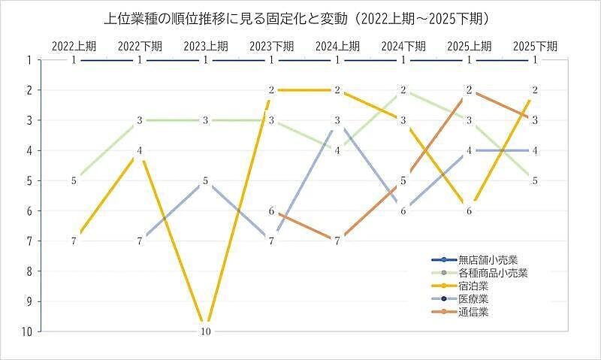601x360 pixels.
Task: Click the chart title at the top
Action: click(300, 16)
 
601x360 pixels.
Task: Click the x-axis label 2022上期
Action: click(74, 45)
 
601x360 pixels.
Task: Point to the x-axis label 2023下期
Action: click(271, 45)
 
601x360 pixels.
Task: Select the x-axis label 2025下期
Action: click(534, 45)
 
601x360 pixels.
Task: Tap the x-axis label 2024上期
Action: click(337, 45)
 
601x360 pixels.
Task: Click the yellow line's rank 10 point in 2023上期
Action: click(206, 331)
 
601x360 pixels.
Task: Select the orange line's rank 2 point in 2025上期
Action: click(469, 90)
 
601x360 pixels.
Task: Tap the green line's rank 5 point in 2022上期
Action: click(74, 180)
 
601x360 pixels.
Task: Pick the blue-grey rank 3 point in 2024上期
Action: click(337, 120)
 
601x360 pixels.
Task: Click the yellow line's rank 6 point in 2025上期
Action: click(469, 210)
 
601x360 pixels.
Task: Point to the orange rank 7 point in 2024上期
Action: click(337, 241)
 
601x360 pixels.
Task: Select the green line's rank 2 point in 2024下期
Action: click(403, 90)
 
